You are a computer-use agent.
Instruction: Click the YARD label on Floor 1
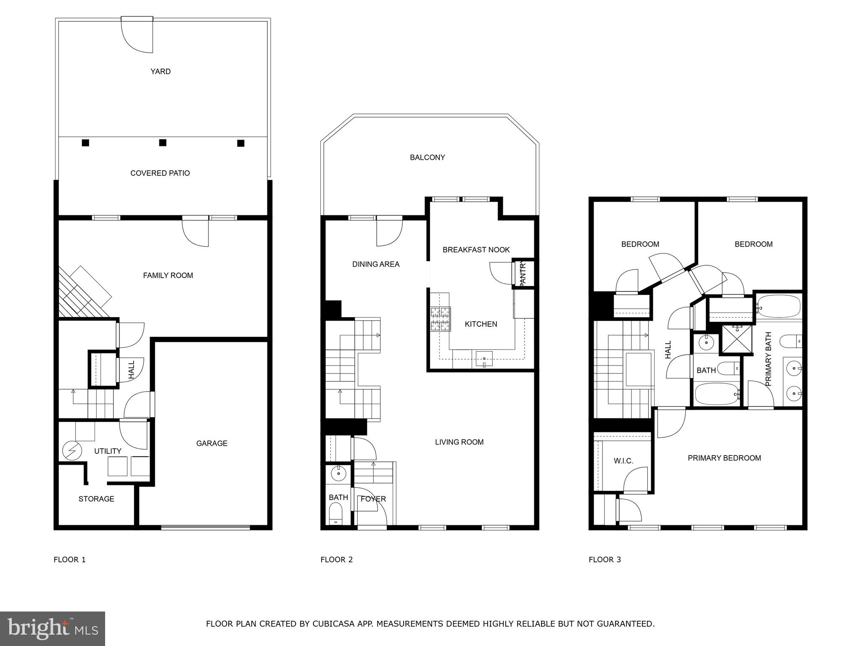coord(161,71)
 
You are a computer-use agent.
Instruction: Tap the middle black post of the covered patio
coord(163,143)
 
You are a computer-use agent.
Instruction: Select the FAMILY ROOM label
coord(168,275)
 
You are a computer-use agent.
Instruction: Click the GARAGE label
coord(211,443)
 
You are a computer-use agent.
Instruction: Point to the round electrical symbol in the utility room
coord(70,451)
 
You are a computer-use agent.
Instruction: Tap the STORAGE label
coord(96,499)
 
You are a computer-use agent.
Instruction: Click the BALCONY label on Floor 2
coord(427,157)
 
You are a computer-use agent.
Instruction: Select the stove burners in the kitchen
coord(440,319)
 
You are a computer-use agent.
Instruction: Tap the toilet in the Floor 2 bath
coord(335,514)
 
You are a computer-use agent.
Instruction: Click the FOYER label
coord(373,499)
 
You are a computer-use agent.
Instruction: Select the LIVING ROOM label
coord(459,442)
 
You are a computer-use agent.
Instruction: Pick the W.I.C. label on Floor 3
coord(623,461)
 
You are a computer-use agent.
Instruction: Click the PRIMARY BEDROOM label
coord(724,458)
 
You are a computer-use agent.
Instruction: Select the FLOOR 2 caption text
coord(336,559)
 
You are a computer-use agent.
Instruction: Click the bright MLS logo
coord(53,628)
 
